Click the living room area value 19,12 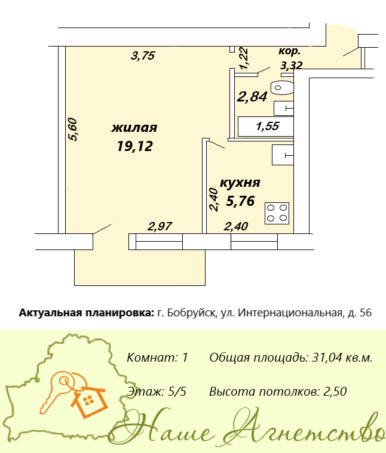click(134, 146)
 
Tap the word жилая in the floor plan click(134, 128)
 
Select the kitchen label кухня click(240, 183)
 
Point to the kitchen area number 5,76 click(240, 201)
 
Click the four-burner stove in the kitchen click(277, 213)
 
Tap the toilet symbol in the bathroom click(282, 88)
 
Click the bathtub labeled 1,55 click(266, 127)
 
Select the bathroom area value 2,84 click(252, 96)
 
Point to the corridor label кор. click(289, 51)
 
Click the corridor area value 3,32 click(292, 66)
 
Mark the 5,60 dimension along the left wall click(72, 129)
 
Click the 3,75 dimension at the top click(143, 56)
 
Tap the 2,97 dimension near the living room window click(160, 226)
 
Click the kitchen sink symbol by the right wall click(283, 155)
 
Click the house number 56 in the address click(366, 313)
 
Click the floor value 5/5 click(177, 392)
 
